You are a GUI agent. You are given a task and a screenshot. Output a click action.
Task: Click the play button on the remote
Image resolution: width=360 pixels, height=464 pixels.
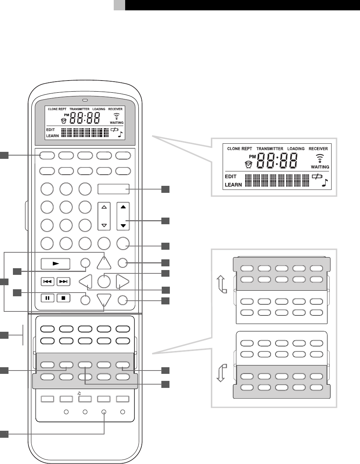click(x=55, y=264)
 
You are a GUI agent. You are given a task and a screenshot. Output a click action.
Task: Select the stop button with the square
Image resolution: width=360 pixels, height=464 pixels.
click(x=64, y=297)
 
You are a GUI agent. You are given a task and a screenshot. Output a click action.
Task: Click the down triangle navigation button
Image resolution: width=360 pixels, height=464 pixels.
click(x=104, y=299)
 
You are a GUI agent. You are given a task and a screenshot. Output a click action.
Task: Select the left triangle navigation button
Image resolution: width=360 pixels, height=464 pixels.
click(x=86, y=282)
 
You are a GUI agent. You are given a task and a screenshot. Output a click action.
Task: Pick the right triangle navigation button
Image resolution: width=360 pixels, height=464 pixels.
click(x=123, y=282)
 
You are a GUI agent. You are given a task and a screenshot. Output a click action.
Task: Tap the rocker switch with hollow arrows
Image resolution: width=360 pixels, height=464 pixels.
click(x=104, y=216)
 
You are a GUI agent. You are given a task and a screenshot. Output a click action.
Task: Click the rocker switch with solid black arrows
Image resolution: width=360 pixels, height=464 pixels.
click(x=123, y=216)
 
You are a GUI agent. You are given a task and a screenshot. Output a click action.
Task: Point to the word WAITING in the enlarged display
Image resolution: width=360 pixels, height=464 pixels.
click(x=320, y=167)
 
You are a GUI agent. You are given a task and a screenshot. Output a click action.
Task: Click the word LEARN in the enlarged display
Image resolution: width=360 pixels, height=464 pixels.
click(x=233, y=184)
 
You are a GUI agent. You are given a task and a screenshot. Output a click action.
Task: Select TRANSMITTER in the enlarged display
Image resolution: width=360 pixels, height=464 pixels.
click(x=270, y=149)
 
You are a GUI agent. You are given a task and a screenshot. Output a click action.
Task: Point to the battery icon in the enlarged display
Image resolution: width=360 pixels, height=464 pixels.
click(x=316, y=177)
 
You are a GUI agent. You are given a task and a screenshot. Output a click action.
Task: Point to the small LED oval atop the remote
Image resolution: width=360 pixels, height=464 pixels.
click(x=85, y=100)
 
